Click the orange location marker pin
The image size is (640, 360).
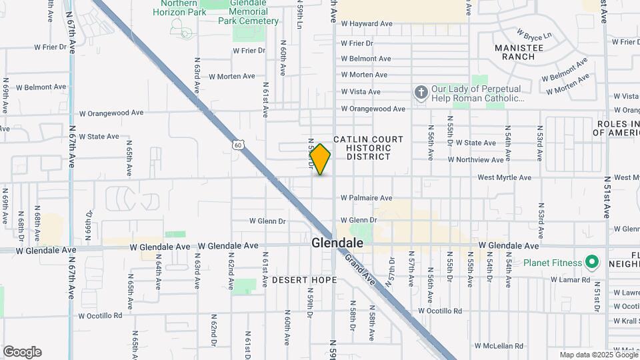(320, 159)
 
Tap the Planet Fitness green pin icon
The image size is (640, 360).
(590, 262)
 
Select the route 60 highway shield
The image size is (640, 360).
(238, 144)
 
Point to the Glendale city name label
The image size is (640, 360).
(338, 244)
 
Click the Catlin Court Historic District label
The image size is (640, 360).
(368, 148)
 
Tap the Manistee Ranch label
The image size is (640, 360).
(519, 52)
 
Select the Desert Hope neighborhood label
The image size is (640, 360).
(304, 280)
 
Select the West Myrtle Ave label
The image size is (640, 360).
(504, 178)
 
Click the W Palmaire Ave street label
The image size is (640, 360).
(366, 198)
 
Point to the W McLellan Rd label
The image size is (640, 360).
(499, 347)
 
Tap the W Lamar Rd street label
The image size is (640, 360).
(571, 279)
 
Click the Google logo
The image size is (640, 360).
(22, 352)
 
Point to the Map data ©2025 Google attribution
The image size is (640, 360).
(599, 355)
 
